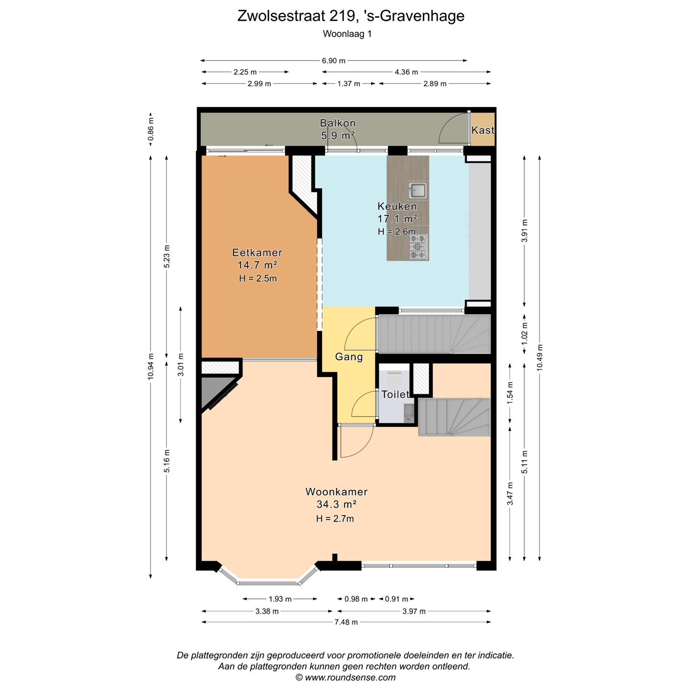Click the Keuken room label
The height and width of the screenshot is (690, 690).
397,206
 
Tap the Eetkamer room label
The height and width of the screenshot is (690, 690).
257,253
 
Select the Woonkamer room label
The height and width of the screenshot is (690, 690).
336,492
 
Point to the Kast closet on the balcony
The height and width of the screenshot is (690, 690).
483,130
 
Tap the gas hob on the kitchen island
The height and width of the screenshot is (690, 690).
418,247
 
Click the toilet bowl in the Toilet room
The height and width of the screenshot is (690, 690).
395,378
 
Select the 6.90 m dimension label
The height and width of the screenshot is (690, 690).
333,60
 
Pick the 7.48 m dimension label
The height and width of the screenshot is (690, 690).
346,622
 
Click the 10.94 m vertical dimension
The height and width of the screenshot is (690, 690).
150,366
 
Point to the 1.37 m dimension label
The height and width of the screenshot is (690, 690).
349,84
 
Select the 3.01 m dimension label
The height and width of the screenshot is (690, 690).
181,365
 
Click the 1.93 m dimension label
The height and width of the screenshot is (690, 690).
280,598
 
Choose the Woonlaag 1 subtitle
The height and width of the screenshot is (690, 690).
347,34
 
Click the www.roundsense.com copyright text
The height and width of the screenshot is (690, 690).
345,678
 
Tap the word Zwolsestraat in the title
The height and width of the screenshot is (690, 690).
281,16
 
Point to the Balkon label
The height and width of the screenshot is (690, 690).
338,123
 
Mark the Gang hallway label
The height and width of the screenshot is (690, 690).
349,357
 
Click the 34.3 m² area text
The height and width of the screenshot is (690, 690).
336,504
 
